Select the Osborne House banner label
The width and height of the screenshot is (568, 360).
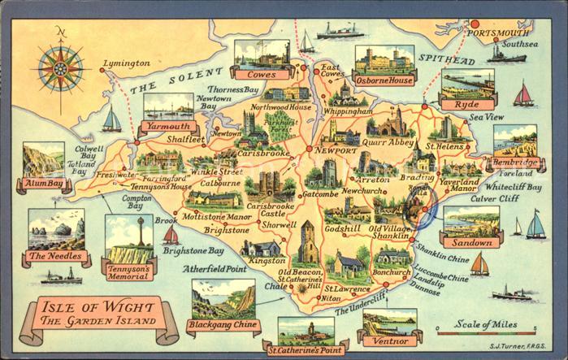[384, 80]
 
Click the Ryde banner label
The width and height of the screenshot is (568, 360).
[467, 104]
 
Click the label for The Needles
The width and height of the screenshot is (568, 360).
[56, 258]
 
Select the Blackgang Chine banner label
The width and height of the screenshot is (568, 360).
[223, 326]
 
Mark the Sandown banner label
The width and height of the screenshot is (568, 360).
[472, 242]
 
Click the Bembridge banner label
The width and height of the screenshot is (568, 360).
[514, 163]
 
